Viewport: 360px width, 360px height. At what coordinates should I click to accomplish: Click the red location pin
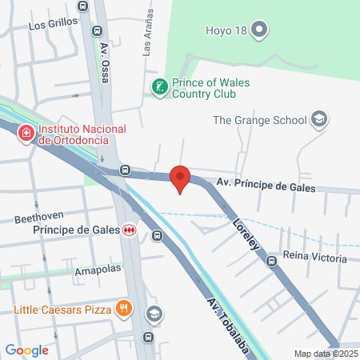point(180,178)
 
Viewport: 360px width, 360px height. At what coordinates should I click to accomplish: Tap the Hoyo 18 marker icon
point(258,31)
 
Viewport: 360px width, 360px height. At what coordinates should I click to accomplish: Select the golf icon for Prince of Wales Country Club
point(159,86)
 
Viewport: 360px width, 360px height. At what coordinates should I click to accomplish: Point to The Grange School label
point(259,120)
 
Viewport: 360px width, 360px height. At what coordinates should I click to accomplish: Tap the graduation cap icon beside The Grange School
point(319,119)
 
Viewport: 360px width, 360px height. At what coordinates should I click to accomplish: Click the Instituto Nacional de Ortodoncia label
point(82,134)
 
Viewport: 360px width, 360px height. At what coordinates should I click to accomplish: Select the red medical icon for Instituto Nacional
point(26,132)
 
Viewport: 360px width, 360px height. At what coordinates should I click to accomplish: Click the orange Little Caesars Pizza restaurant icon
point(123,307)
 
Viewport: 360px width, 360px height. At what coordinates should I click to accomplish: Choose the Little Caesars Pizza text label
point(62,308)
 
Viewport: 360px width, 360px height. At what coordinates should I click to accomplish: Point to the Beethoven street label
point(38,218)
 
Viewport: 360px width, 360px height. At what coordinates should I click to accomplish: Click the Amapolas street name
point(97,269)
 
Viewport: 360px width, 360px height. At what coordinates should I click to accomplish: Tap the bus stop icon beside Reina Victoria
point(272,259)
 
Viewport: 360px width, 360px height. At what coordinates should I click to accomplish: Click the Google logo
point(27,350)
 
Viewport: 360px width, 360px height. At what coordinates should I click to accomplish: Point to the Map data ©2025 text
point(326,354)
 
